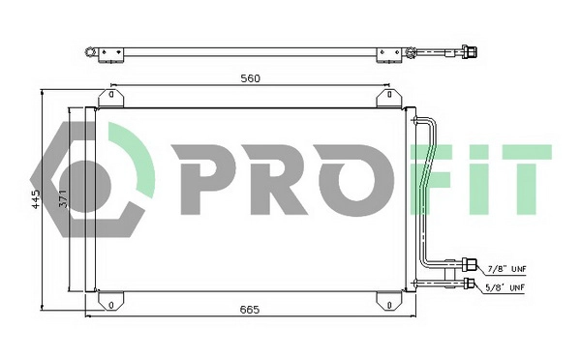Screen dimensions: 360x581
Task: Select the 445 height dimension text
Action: (36, 200)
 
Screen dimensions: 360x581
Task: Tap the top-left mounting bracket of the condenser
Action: (109, 97)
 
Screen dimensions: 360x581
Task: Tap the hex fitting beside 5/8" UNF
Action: (472, 284)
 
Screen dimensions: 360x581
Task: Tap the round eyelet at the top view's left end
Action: (89, 52)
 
